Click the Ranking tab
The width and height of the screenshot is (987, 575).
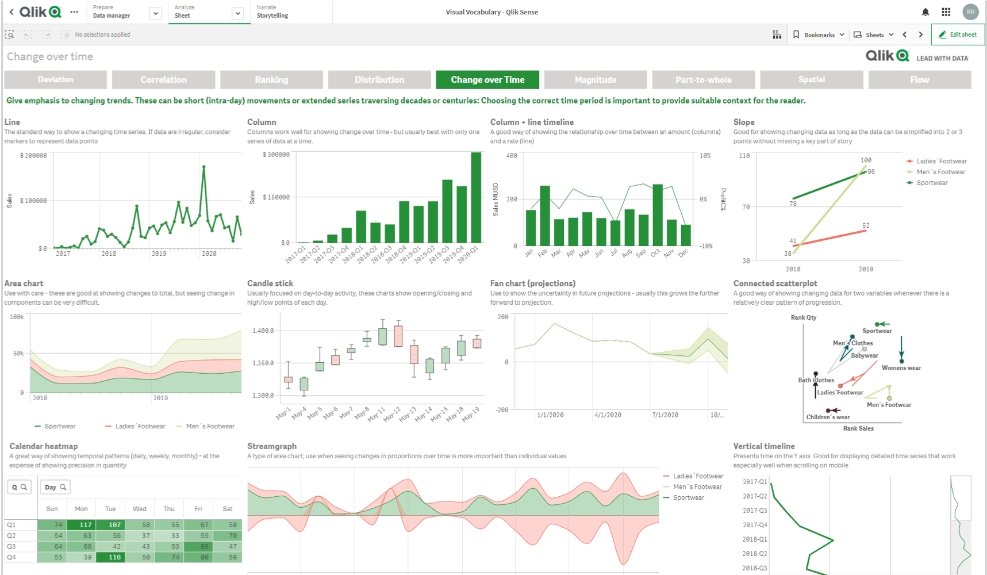point(271,80)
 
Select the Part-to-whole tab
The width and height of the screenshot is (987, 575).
point(704,80)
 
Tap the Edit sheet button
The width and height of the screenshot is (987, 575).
point(958,34)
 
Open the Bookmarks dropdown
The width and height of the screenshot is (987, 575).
point(819,34)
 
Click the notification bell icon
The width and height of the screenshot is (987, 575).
point(925,12)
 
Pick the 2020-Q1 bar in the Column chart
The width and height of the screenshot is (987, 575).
point(476,197)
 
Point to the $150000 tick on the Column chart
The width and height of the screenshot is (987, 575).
point(276,197)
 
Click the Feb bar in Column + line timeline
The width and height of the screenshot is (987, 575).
point(545,216)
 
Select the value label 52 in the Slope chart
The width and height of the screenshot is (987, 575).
point(866,225)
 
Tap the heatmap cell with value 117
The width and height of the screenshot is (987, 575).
point(81,524)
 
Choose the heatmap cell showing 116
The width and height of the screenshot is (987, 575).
point(110,557)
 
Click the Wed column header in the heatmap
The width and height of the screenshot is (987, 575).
point(140,509)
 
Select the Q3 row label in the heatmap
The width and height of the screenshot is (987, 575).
point(11,546)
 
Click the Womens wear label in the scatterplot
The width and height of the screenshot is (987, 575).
point(901,368)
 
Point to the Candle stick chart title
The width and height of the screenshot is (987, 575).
point(270,283)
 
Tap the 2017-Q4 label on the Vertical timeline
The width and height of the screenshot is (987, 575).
point(755,525)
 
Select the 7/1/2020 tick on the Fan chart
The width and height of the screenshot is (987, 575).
point(665,415)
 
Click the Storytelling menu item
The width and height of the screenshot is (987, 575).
point(272,16)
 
